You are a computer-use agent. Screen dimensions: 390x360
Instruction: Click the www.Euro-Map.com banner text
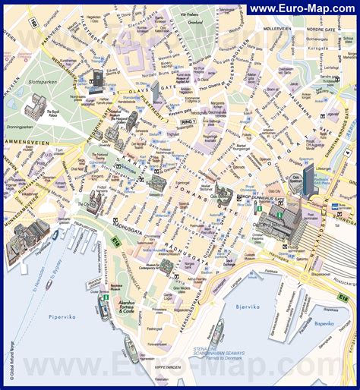pos(303,8)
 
